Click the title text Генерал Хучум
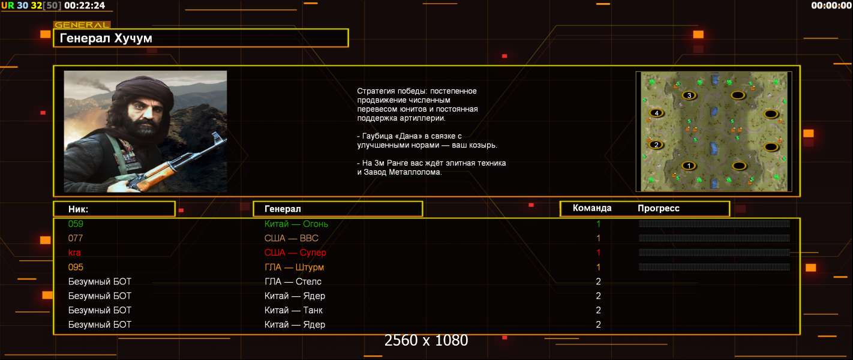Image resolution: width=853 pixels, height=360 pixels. coord(106,38)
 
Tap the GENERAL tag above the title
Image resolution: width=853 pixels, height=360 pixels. coord(82,25)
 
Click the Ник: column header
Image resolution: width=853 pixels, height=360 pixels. coord(78,209)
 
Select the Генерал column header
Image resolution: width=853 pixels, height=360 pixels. coord(283,209)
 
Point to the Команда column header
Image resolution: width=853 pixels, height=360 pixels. coord(592,208)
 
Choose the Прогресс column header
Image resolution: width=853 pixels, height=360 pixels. coord(659,208)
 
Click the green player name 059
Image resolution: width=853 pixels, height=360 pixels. coord(76,224)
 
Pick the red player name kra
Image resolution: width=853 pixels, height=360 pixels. coord(74,253)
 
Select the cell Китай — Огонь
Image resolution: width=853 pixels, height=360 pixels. coord(296,224)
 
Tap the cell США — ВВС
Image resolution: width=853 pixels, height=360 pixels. coord(291,238)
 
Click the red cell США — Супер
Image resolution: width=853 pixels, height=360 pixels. coord(295,253)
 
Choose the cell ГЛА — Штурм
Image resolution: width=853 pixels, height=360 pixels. coord(294,268)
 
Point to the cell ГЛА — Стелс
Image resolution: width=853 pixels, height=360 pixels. coord(293,281)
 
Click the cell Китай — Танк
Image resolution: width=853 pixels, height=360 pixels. coord(293,310)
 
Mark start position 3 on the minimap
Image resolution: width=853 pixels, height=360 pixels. coord(689,95)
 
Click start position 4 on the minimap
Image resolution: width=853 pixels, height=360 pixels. coord(656,113)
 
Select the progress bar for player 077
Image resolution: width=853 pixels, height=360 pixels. coord(714,238)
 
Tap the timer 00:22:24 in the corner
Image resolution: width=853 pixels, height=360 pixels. coord(85,5)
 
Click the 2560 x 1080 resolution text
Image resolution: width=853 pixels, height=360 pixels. coord(426,340)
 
